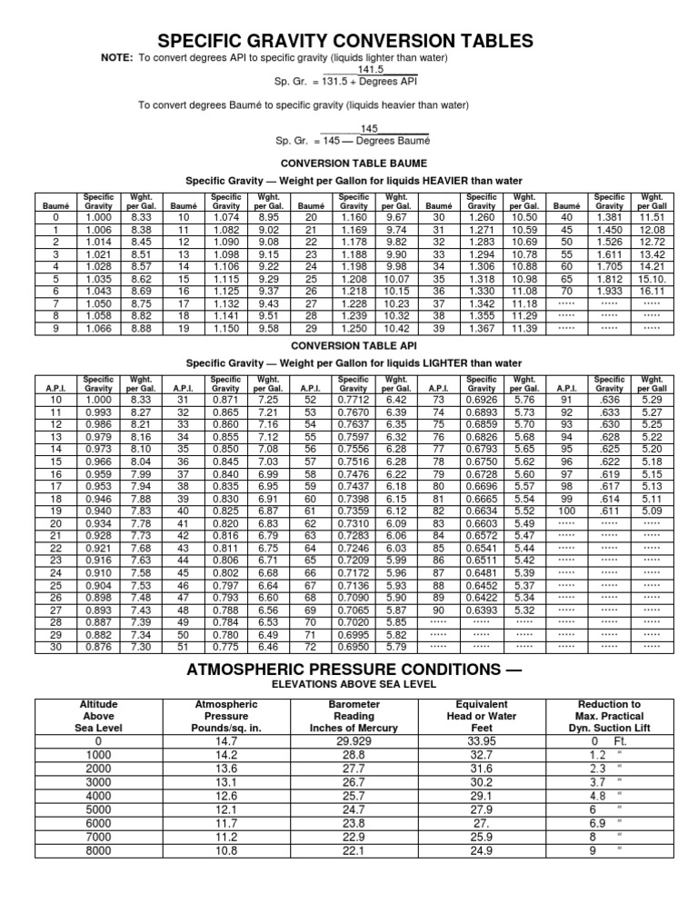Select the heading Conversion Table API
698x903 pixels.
pyautogui.click(x=348, y=345)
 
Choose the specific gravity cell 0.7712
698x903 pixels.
pyautogui.click(x=354, y=400)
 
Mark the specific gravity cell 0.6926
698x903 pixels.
pyautogui.click(x=482, y=400)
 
